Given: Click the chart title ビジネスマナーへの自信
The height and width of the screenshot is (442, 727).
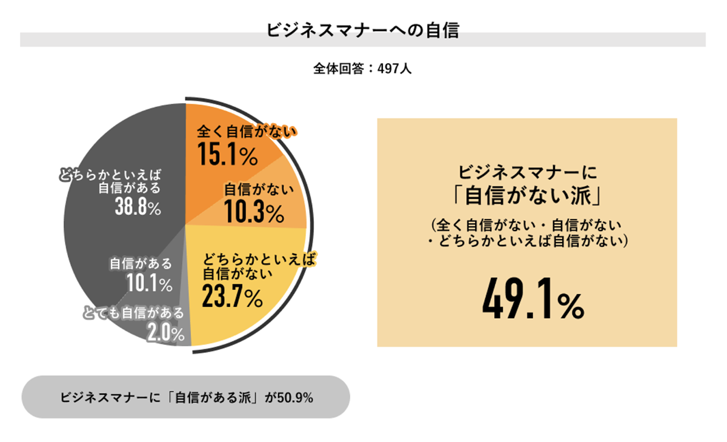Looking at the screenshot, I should pos(363,30).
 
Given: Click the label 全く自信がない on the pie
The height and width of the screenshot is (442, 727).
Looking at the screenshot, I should pos(245,132).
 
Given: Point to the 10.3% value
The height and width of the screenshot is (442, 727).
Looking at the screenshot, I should pos(253,212).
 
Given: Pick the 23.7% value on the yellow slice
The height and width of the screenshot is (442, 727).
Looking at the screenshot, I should pos(232,296).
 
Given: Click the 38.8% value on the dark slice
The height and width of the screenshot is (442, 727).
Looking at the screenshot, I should pos(138,208).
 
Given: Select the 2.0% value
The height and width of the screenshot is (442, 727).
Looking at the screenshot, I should pos(165,332).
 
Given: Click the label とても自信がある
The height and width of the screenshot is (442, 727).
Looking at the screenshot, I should pos(133,313).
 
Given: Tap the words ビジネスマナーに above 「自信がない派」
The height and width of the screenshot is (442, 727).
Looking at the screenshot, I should pos(526,171).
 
